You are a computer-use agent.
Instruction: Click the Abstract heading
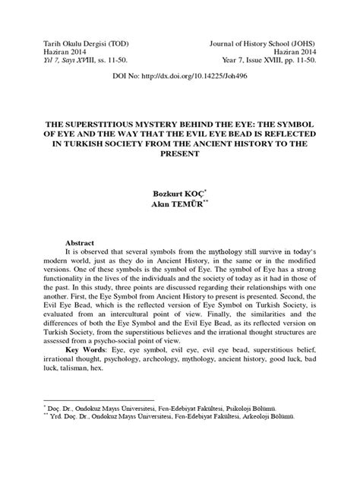click(83, 238)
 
